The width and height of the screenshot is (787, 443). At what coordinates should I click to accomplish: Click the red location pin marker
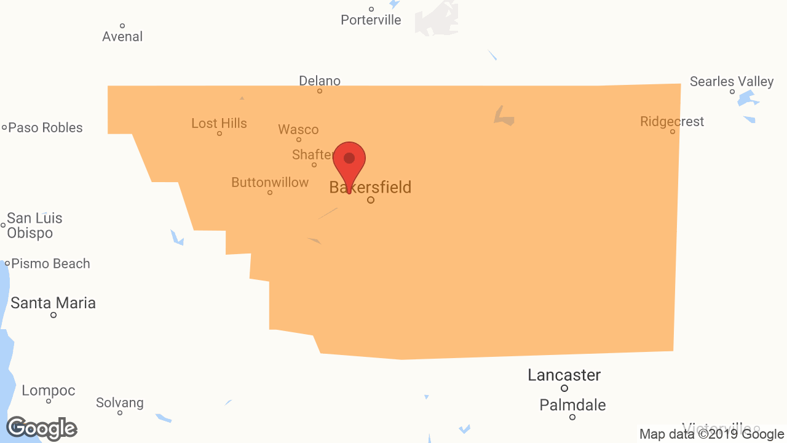349,161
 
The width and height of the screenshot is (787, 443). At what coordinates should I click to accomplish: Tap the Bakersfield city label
370,187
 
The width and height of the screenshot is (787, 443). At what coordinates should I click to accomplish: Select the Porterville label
371,20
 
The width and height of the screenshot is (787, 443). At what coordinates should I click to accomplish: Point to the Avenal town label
122,36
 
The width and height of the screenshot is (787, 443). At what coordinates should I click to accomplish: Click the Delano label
320,81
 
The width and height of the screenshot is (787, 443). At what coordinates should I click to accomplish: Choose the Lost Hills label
219,123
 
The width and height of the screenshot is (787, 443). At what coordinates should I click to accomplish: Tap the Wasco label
298,129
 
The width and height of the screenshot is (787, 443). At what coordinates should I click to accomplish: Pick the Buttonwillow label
270,182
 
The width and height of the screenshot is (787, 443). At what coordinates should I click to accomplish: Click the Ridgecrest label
672,121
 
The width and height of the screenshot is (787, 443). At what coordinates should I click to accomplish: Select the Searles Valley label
732,81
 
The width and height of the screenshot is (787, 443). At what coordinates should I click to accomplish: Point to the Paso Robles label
45,127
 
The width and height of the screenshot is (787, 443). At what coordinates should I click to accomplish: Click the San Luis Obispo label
34,225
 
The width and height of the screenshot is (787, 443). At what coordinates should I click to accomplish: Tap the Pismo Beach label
50,263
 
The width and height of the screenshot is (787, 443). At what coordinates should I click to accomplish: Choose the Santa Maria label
53,303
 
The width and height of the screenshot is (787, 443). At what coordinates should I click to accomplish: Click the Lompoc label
49,390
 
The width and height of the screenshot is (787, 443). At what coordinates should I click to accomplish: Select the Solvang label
120,402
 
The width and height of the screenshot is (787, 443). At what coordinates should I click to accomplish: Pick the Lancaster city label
564,375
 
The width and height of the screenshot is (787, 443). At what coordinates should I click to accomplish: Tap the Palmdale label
572,405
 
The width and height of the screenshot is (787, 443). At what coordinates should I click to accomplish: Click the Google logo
42,428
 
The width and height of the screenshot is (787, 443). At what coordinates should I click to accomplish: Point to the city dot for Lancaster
564,388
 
